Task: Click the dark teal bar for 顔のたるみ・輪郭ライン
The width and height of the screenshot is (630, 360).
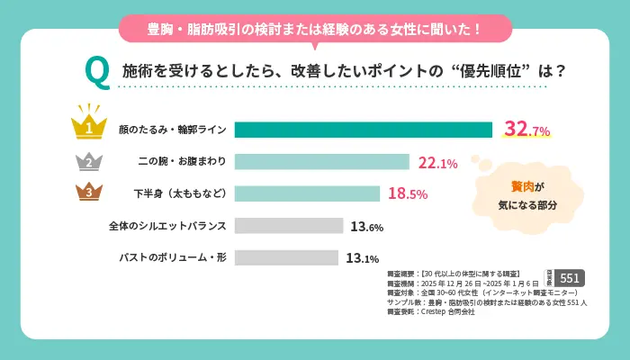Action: [x=363, y=130]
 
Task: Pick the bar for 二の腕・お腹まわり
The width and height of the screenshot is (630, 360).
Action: [x=321, y=162]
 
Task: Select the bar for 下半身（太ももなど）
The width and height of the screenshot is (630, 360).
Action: [x=307, y=193]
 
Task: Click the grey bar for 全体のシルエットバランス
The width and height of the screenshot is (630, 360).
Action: [x=288, y=225]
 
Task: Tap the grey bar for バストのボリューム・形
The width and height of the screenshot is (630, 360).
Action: [x=286, y=257]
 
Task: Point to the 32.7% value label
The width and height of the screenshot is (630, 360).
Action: [x=526, y=130]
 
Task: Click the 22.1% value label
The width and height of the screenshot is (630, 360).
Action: [x=438, y=162]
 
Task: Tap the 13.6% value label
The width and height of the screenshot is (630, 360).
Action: [x=367, y=225]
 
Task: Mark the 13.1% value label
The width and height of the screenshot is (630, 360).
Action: [x=362, y=257]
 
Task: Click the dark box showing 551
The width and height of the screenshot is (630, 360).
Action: [x=571, y=278]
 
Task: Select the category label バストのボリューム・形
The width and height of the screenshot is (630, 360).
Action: [x=173, y=257]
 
